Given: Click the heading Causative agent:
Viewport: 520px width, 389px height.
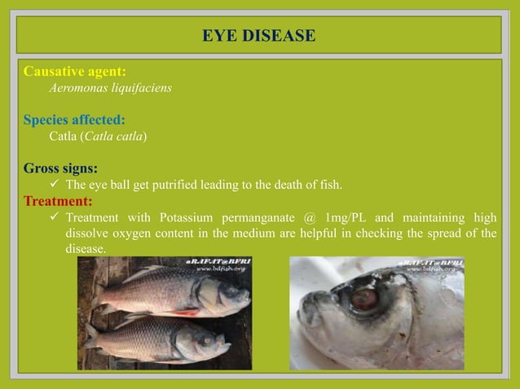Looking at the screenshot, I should point(75,72).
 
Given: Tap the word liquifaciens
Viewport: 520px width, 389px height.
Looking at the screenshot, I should point(143,88).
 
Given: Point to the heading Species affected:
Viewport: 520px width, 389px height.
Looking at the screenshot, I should point(74,120).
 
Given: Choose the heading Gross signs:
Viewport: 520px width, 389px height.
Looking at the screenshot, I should point(61,168).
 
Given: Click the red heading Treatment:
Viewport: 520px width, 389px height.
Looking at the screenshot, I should point(58,200).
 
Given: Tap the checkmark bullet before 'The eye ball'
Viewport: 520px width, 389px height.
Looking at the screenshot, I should point(55,185).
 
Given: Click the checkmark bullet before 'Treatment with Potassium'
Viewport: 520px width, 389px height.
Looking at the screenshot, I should point(55,217).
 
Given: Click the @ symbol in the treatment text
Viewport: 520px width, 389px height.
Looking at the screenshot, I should point(309,217).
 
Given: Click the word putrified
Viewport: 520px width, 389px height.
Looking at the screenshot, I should point(165,185).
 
